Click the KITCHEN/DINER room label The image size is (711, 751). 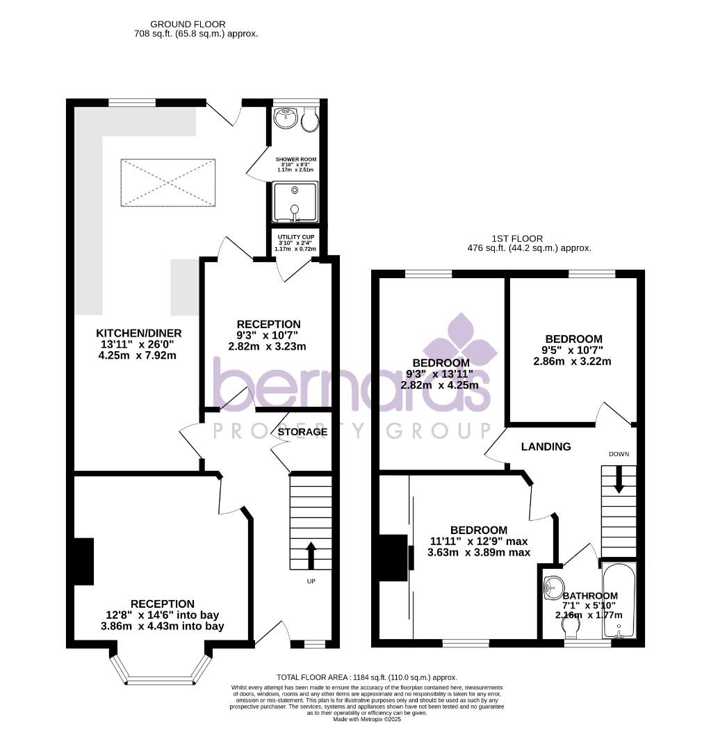[x=136, y=332]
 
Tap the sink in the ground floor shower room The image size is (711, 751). [x=284, y=119]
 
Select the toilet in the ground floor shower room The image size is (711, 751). [x=311, y=120]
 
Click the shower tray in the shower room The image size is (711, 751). [x=295, y=202]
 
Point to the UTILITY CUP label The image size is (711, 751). [x=295, y=237]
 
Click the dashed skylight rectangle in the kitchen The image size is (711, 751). [x=168, y=183]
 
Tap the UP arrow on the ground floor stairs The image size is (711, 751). [x=310, y=555]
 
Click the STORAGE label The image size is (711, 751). [x=302, y=432]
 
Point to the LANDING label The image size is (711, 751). [x=546, y=446]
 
